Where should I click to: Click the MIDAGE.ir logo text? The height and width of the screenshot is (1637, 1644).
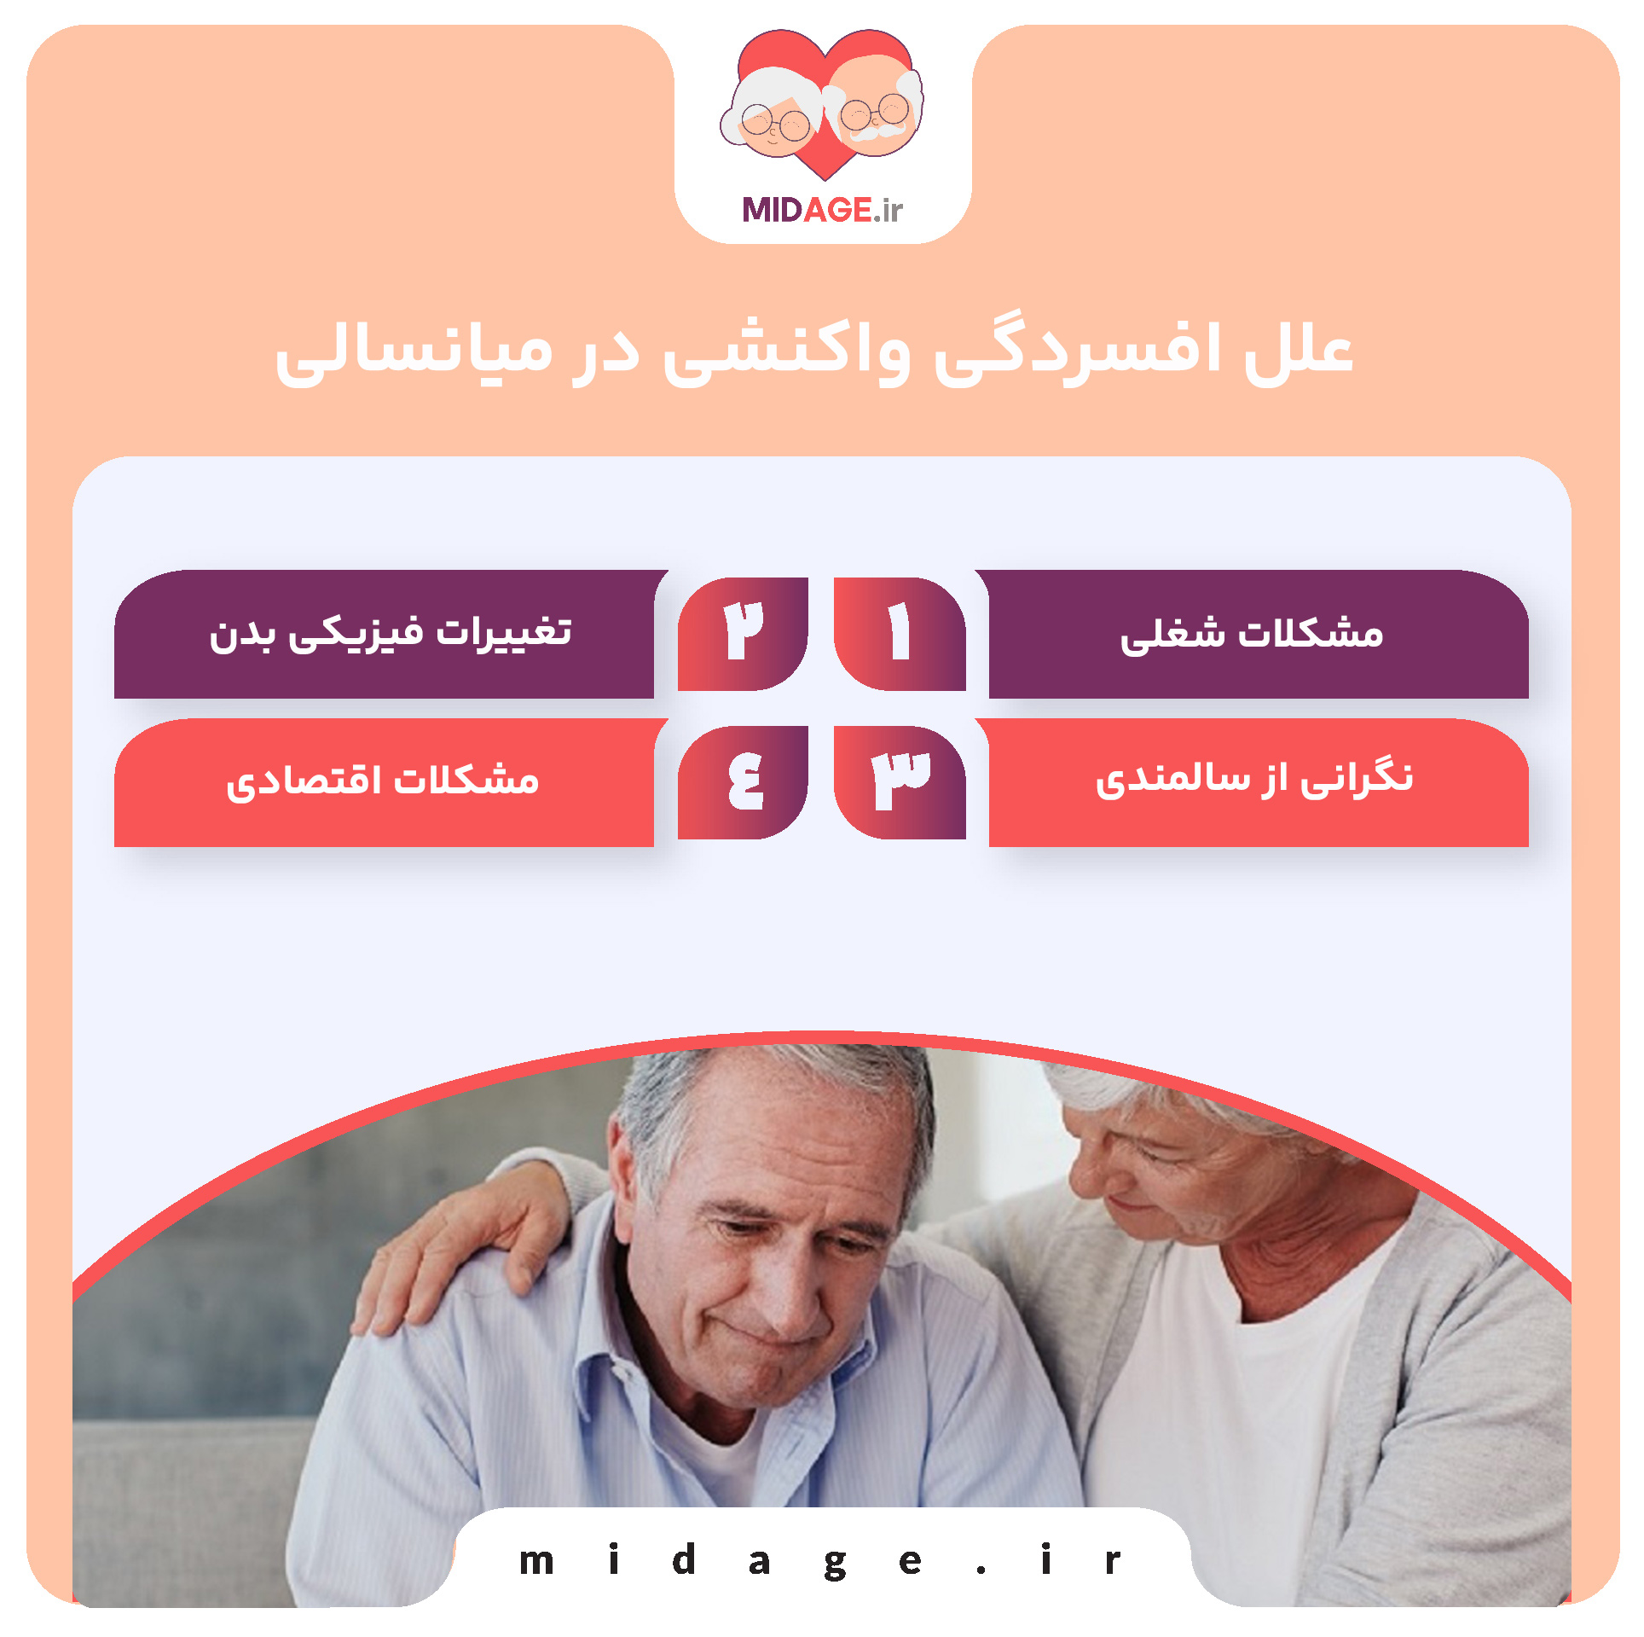pyautogui.click(x=822, y=210)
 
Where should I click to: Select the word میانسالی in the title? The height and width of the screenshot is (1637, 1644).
pyautogui.click(x=414, y=351)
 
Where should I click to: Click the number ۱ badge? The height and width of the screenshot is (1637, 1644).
pyautogui.click(x=899, y=632)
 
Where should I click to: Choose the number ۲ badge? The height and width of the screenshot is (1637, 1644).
pyautogui.click(x=743, y=632)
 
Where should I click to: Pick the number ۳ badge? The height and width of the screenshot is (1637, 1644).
pyautogui.click(x=899, y=781)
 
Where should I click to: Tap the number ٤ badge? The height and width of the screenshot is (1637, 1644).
pyautogui.click(x=743, y=781)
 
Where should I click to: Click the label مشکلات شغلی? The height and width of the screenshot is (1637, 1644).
pyautogui.click(x=1251, y=634)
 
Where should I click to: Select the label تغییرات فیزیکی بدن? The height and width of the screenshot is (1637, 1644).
pyautogui.click(x=391, y=634)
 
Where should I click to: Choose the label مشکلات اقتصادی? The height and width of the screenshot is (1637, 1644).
pyautogui.click(x=383, y=781)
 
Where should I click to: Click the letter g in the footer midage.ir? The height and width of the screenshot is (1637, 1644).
pyautogui.click(x=835, y=1563)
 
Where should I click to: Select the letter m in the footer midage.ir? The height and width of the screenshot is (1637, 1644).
pyautogui.click(x=536, y=1561)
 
